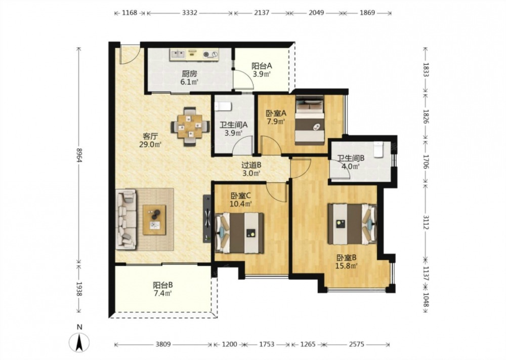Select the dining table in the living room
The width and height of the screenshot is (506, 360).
[x=190, y=126]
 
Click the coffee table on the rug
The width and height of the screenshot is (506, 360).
[x=154, y=220]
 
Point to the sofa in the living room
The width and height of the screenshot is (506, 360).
[x=126, y=219]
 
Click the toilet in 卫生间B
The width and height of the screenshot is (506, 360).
[x=378, y=149]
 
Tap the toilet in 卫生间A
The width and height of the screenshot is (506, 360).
[x=223, y=106]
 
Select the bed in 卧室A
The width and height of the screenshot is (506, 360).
[x=310, y=121]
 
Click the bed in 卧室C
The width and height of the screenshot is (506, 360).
[x=239, y=232]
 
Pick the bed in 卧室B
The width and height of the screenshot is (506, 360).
[x=352, y=224]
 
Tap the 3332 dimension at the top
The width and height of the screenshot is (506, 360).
[x=190, y=13]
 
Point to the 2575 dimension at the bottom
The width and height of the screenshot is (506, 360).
[x=356, y=344]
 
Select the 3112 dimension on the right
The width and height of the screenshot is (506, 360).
[x=426, y=222]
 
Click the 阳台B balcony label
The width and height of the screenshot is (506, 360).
[x=162, y=285]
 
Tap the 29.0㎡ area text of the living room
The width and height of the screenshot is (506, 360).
[x=150, y=144]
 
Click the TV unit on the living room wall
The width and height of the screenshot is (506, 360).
[x=207, y=219]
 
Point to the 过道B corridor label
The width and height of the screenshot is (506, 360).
[x=251, y=165]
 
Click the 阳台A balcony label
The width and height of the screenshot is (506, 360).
[x=262, y=66]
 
